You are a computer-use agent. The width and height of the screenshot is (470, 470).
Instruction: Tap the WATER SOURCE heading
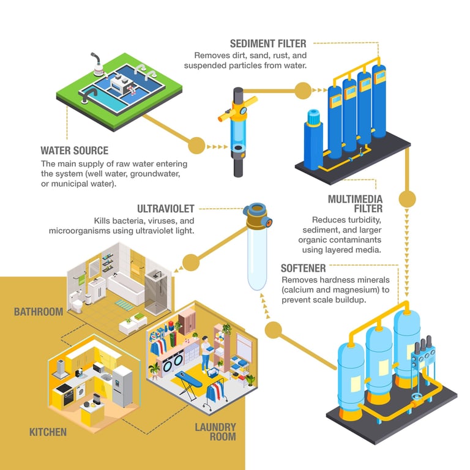(x=74, y=151)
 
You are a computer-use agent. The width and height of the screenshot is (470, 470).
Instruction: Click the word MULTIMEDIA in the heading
(x=355, y=199)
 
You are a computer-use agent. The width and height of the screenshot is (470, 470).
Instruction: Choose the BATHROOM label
(x=39, y=312)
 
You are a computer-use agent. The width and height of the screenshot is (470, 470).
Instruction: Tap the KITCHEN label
(x=48, y=432)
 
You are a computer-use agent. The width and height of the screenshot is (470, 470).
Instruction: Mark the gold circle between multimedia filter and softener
(x=407, y=199)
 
